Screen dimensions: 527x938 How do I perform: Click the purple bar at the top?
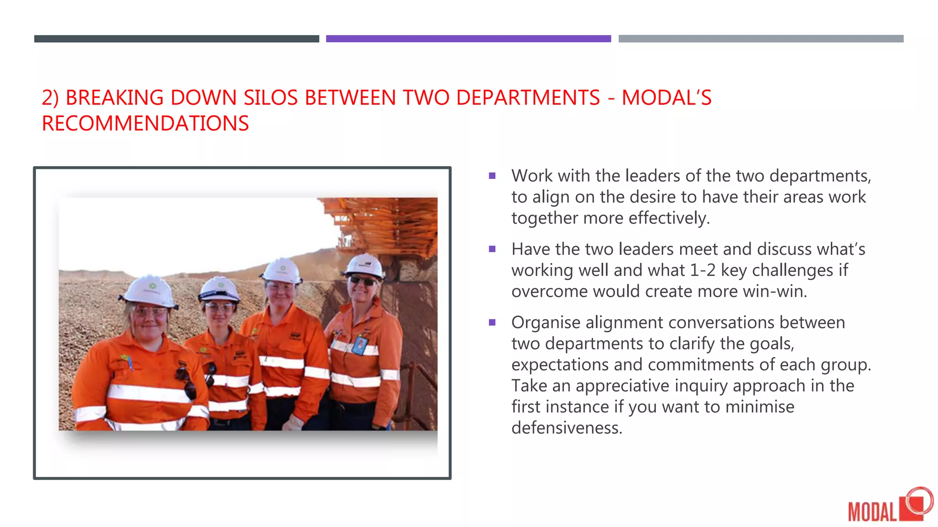pos(468,39)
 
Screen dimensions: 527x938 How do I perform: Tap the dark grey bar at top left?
pos(176,39)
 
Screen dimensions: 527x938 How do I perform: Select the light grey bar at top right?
pos(761,39)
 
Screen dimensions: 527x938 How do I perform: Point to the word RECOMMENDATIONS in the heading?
pos(145,124)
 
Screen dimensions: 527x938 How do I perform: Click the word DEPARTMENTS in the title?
pos(528,98)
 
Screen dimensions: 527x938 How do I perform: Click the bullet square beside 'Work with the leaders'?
pos(492,176)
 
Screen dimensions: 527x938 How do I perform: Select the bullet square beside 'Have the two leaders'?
pos(492,249)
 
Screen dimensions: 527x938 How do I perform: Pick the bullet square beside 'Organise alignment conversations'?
pos(492,323)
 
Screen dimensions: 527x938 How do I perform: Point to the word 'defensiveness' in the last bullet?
pos(566,428)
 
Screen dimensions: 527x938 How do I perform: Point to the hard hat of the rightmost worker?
pos(365,265)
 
